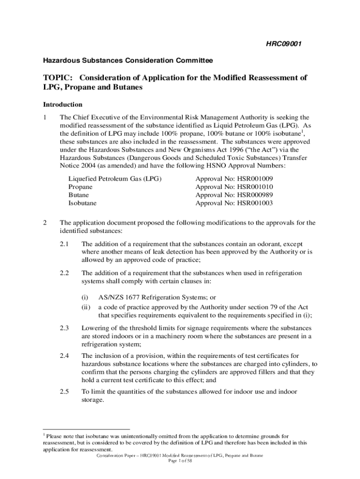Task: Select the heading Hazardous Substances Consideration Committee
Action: [x=128, y=61]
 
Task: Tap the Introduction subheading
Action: [x=63, y=104]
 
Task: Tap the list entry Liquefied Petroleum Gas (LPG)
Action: [x=115, y=179]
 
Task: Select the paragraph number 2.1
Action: [x=65, y=244]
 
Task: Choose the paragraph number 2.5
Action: [x=65, y=392]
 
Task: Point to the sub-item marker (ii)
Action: [x=86, y=307]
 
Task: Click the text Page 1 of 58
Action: [x=180, y=461]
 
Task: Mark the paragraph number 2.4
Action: [x=65, y=356]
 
